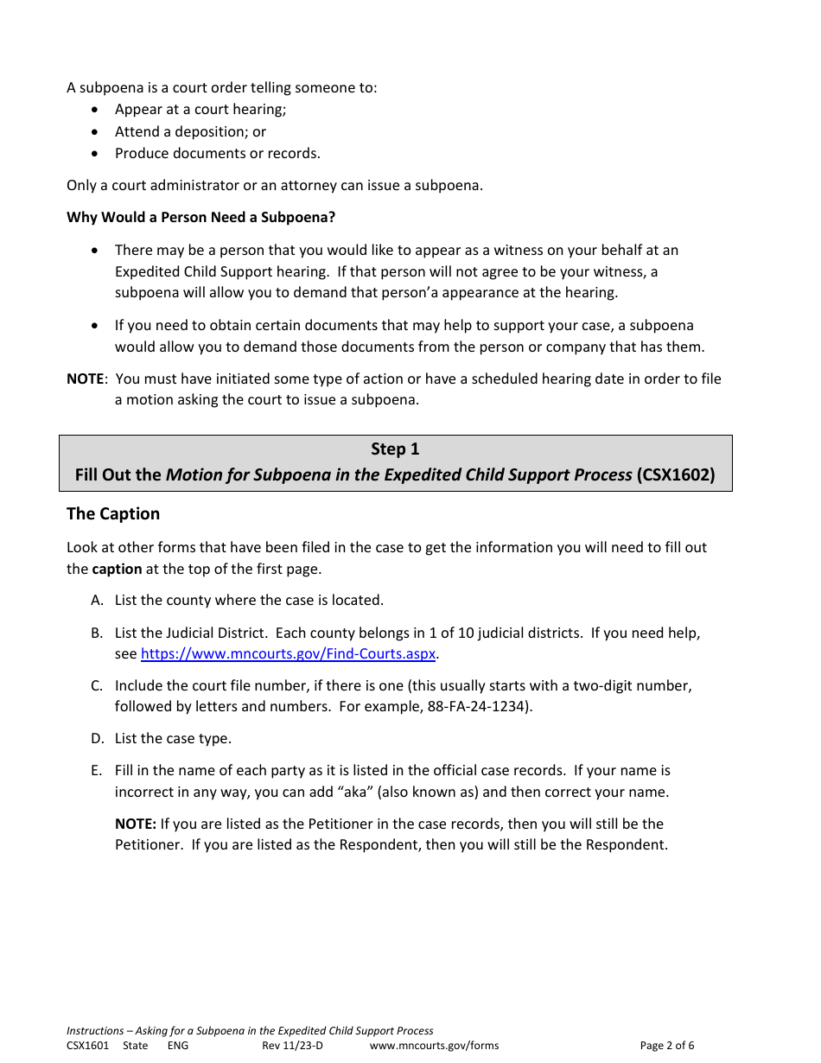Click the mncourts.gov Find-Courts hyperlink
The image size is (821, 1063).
click(x=288, y=654)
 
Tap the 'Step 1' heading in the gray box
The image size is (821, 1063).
click(x=395, y=449)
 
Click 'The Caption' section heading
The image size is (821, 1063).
click(x=113, y=514)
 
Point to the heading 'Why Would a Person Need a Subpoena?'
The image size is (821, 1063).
click(x=200, y=217)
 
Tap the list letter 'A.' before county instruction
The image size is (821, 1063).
click(x=97, y=601)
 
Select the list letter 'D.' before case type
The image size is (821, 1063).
click(x=97, y=739)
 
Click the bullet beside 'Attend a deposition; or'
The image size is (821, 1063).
click(x=95, y=132)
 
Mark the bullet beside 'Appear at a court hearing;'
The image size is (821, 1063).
click(x=95, y=110)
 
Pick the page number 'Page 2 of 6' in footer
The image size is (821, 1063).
click(x=666, y=1046)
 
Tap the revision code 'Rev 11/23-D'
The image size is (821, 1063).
click(x=292, y=1046)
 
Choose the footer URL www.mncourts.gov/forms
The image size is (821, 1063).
click(x=434, y=1046)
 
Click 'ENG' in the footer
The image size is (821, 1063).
click(x=177, y=1046)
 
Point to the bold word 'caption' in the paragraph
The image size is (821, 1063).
click(x=117, y=570)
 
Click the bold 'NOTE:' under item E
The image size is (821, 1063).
click(x=136, y=824)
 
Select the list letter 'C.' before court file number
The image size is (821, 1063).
click(x=97, y=686)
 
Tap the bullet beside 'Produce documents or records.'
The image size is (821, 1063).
click(x=95, y=154)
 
